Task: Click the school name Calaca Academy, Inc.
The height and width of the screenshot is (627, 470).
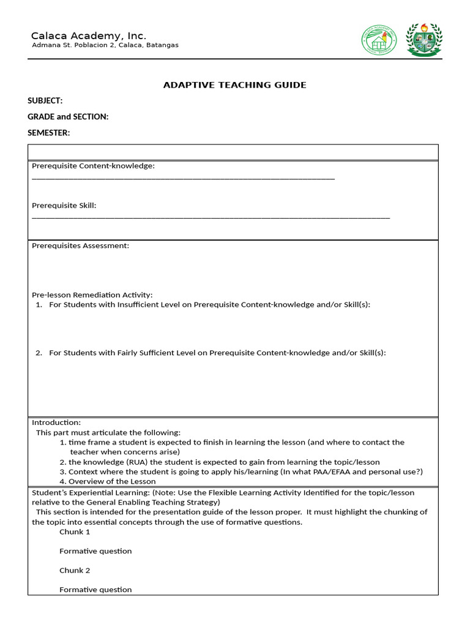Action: pyautogui.click(x=89, y=36)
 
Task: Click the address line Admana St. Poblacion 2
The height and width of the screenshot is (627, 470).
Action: pyautogui.click(x=105, y=45)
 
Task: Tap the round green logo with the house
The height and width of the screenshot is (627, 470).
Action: pyautogui.click(x=378, y=41)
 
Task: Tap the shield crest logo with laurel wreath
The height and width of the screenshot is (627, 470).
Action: pyautogui.click(x=423, y=41)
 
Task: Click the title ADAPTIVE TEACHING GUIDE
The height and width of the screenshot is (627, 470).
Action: pyautogui.click(x=234, y=85)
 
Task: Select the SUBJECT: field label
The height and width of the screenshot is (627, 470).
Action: pyautogui.click(x=45, y=101)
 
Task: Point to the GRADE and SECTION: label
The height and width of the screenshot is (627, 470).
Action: pyautogui.click(x=68, y=116)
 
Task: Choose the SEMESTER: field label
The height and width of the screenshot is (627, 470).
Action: pyautogui.click(x=49, y=132)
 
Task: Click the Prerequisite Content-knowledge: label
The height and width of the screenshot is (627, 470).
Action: pyautogui.click(x=93, y=166)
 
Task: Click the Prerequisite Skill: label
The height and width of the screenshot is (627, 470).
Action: pyautogui.click(x=64, y=206)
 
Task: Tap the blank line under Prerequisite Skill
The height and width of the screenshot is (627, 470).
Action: pyautogui.click(x=211, y=217)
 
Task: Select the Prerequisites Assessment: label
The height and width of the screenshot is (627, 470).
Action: pyautogui.click(x=80, y=246)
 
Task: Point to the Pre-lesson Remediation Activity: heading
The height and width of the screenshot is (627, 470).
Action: pyautogui.click(x=92, y=295)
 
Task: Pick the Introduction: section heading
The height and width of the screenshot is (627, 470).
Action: pyautogui.click(x=56, y=422)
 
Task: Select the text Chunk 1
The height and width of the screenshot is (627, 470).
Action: pyautogui.click(x=75, y=531)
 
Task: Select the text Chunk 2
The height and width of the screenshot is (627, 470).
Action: pyautogui.click(x=75, y=570)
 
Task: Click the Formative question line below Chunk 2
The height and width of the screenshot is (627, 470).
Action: pyautogui.click(x=95, y=590)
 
